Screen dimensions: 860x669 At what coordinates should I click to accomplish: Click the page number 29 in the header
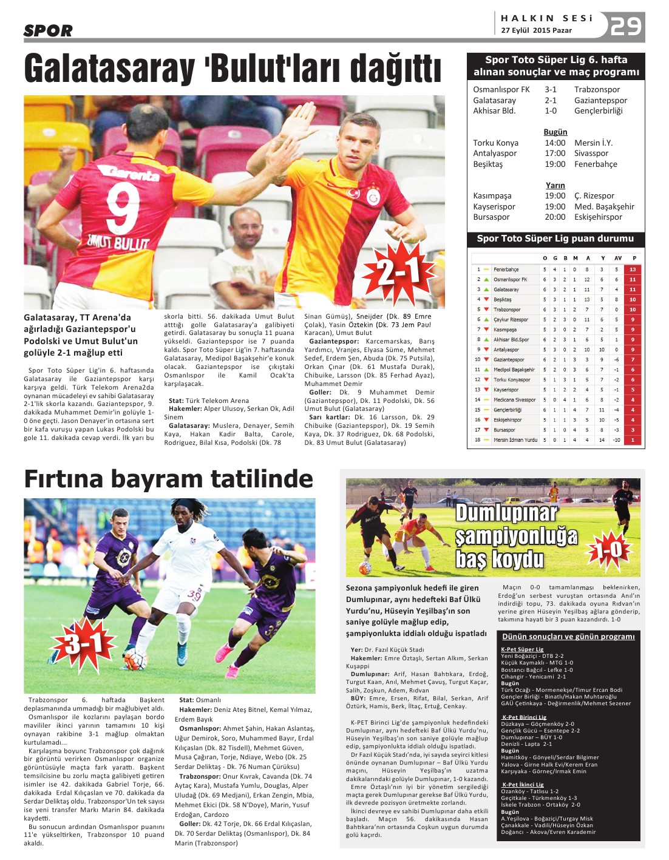(625, 26)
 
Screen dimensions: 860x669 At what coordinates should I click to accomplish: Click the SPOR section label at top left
(48, 30)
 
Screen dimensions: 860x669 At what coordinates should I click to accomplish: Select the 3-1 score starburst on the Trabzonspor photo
(83, 643)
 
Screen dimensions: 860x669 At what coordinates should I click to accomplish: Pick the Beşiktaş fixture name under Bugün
(488, 164)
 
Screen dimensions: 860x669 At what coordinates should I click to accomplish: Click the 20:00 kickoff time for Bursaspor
(555, 217)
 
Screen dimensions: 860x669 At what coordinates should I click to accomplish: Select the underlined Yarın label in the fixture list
(555, 185)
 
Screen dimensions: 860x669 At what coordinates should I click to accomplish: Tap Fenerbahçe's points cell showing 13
(633, 269)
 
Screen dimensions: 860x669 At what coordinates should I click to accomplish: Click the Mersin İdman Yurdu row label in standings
(515, 439)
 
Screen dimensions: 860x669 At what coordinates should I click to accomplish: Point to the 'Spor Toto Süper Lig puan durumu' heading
(555, 239)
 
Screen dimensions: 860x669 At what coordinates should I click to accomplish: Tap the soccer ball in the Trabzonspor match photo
(135, 659)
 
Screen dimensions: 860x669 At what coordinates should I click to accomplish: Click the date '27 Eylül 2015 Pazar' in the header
(537, 30)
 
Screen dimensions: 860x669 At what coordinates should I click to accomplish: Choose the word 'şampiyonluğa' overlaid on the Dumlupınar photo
(516, 537)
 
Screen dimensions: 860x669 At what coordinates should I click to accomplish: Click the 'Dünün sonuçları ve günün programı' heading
(568, 636)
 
